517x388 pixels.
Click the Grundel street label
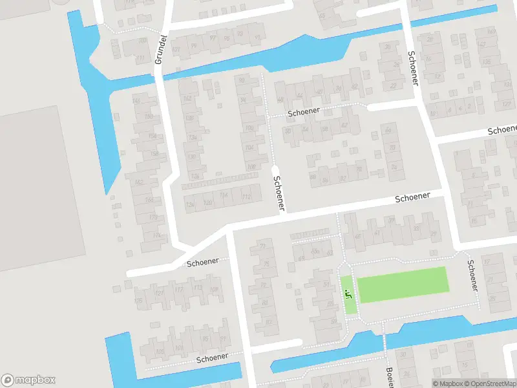(x=162, y=50)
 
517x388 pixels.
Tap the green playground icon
(x=348, y=295)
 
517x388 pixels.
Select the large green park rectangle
(x=402, y=285)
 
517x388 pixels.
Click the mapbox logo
(x=28, y=380)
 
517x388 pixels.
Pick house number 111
(x=140, y=58)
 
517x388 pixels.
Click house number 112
(x=246, y=196)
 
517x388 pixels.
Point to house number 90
(x=242, y=80)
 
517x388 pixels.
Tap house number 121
(x=158, y=293)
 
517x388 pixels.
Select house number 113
(x=197, y=288)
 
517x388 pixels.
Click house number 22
(x=393, y=85)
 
